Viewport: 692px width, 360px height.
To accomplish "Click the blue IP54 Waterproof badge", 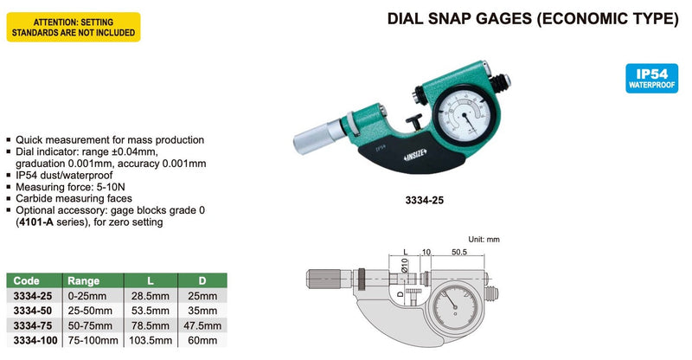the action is (651, 78).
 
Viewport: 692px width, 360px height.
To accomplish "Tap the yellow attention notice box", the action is (74, 28).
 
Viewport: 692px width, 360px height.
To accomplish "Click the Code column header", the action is (27, 281).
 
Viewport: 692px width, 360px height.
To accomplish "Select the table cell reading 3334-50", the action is (33, 311).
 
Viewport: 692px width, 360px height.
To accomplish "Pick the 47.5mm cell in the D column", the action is (202, 326).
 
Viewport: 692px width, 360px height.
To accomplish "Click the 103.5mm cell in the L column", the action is (151, 341).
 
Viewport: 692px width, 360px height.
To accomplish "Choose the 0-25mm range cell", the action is (87, 296).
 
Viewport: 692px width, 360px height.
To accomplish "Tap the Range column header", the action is (83, 281).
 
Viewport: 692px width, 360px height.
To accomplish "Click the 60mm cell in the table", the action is (202, 341).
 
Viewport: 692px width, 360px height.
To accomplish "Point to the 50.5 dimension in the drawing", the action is (459, 252).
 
